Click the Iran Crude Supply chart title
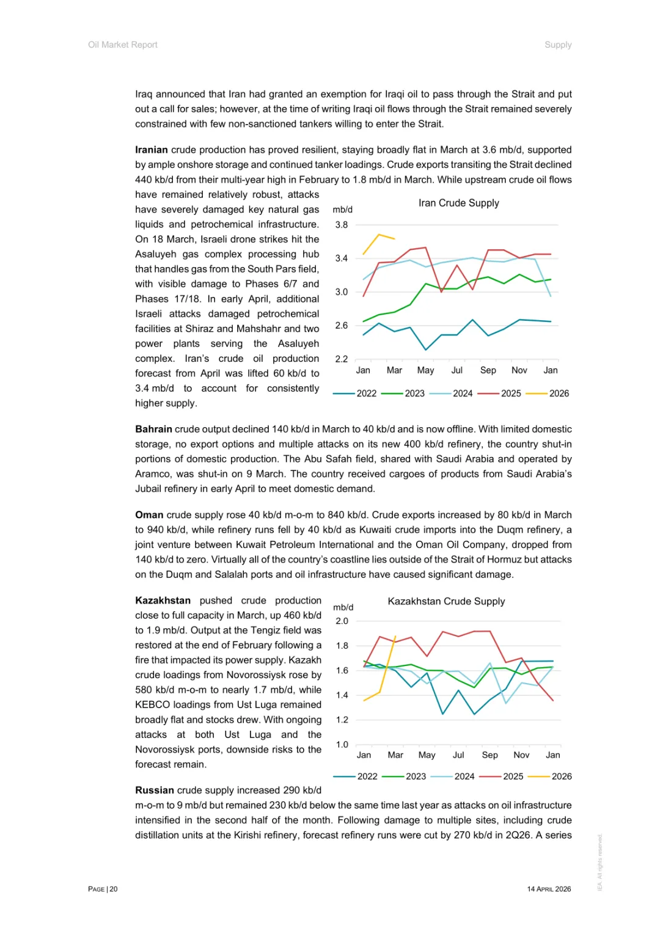click(458, 203)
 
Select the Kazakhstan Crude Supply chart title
click(446, 601)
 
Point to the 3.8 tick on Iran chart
click(342, 225)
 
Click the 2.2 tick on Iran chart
click(342, 359)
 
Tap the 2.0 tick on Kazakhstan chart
click(342, 621)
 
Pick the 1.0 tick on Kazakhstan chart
click(342, 745)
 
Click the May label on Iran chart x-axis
click(425, 370)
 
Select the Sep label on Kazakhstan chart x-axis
click(490, 755)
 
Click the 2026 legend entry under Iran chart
click(559, 393)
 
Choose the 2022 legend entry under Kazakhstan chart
click(367, 777)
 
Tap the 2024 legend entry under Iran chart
click(463, 393)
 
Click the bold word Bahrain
click(153, 430)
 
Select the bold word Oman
click(149, 515)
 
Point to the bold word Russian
click(155, 791)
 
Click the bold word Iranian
click(152, 150)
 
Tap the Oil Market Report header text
click(123, 45)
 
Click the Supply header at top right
click(558, 45)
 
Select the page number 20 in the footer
click(114, 889)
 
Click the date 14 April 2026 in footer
click(549, 889)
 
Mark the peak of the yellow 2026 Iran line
click(380, 235)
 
